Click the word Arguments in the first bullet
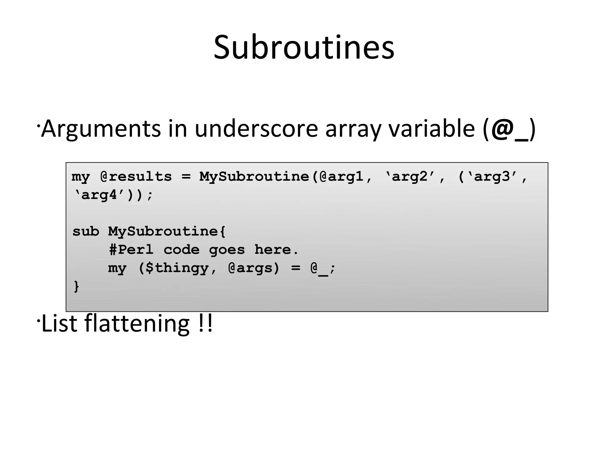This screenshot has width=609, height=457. (x=101, y=129)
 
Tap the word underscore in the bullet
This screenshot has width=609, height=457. (x=256, y=129)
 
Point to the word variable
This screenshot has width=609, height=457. (x=432, y=129)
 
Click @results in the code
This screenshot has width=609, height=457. (x=136, y=177)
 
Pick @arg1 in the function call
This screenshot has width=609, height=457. (x=341, y=177)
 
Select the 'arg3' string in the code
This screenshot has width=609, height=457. (x=492, y=177)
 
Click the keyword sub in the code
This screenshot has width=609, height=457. (x=86, y=231)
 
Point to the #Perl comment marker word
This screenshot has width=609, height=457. (x=131, y=250)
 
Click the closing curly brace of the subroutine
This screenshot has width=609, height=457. (x=76, y=287)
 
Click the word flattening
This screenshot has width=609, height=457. (x=137, y=324)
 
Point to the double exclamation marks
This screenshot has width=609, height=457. (x=205, y=324)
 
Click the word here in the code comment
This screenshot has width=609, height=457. (x=273, y=250)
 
